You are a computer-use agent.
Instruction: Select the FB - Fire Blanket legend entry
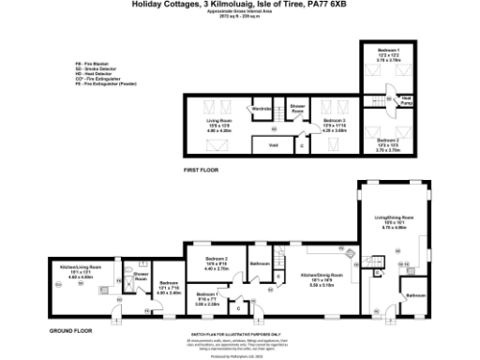pyautogui.click(x=94, y=63)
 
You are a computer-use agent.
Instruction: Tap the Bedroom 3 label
pyautogui.click(x=335, y=120)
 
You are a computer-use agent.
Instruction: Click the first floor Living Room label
pyautogui.click(x=217, y=120)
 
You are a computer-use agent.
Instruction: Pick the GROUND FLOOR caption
pyautogui.click(x=71, y=330)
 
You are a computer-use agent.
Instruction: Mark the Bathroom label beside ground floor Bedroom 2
pyautogui.click(x=261, y=263)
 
